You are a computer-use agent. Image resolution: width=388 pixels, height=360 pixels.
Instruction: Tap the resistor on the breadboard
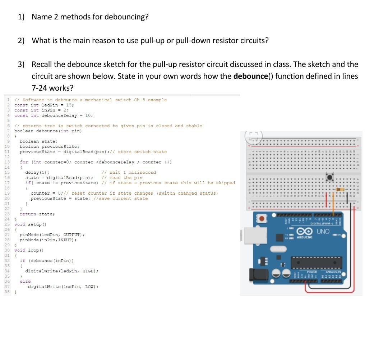[x=339, y=189]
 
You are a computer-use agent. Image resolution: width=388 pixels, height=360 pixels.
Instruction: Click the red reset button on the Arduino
[x=262, y=218]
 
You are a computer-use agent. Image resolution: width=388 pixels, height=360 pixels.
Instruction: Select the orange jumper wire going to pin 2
[x=334, y=205]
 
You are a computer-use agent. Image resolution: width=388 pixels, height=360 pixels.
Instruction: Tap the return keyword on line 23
[x=28, y=214]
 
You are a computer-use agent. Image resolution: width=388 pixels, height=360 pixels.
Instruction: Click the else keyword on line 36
[x=25, y=282]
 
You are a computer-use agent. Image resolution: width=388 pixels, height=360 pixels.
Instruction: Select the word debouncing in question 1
[x=126, y=17]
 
